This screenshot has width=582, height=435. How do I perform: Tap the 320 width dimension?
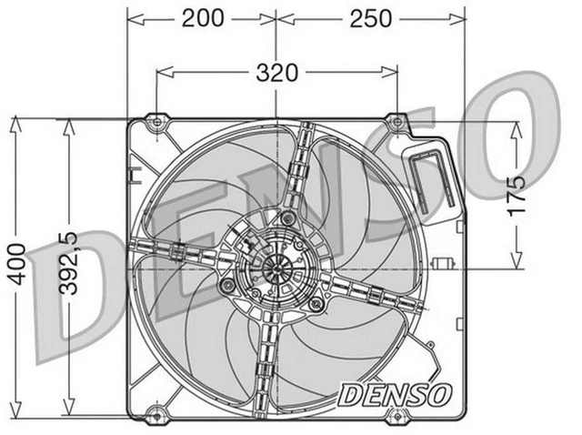point(276,73)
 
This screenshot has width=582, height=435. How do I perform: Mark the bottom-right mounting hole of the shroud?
point(395,416)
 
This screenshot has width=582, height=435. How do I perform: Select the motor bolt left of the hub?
point(224,284)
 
